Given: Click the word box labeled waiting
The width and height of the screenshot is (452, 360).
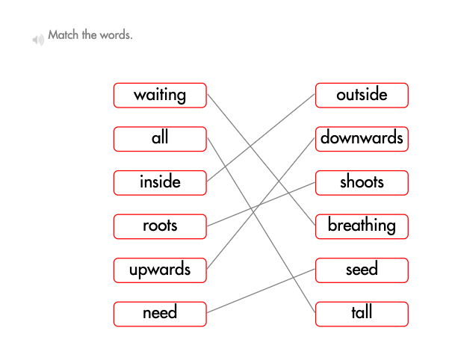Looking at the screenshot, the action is (x=160, y=95).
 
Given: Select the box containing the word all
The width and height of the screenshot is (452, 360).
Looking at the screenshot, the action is (x=160, y=138).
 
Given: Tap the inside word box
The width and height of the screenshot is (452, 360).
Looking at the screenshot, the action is (x=160, y=182).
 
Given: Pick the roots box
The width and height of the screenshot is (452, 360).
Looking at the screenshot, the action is (x=160, y=226).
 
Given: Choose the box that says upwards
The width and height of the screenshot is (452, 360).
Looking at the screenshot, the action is (x=160, y=270).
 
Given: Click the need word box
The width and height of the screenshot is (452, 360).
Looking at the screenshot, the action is (x=160, y=313).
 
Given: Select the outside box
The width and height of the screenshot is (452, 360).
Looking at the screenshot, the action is (x=362, y=95).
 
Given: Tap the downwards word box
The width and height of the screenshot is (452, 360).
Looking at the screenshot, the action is (x=362, y=138).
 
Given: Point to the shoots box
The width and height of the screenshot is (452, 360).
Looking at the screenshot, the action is (x=362, y=182).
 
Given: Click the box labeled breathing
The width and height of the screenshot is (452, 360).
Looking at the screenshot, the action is (x=362, y=226).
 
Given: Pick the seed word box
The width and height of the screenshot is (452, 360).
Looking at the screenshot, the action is (x=362, y=270).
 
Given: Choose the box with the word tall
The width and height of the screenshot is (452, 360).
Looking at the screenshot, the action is (x=362, y=313).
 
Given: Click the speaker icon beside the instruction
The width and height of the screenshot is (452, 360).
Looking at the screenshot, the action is (x=37, y=39).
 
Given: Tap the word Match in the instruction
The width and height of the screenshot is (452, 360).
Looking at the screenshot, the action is (x=62, y=34).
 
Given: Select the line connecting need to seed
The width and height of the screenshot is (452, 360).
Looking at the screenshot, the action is (x=261, y=291).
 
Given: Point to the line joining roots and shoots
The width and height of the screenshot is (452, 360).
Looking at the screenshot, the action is (x=261, y=204).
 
